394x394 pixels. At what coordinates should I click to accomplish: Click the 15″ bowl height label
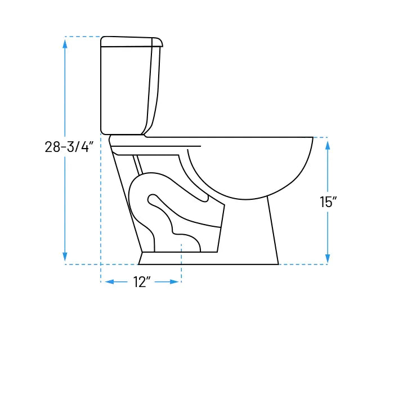pos(328,202)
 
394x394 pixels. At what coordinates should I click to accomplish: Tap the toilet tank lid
pos(131,41)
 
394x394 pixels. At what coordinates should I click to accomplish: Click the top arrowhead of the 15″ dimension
pos(328,145)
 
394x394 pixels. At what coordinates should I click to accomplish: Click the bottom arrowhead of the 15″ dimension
pos(328,258)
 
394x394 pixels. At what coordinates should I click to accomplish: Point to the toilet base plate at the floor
pos(208,258)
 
